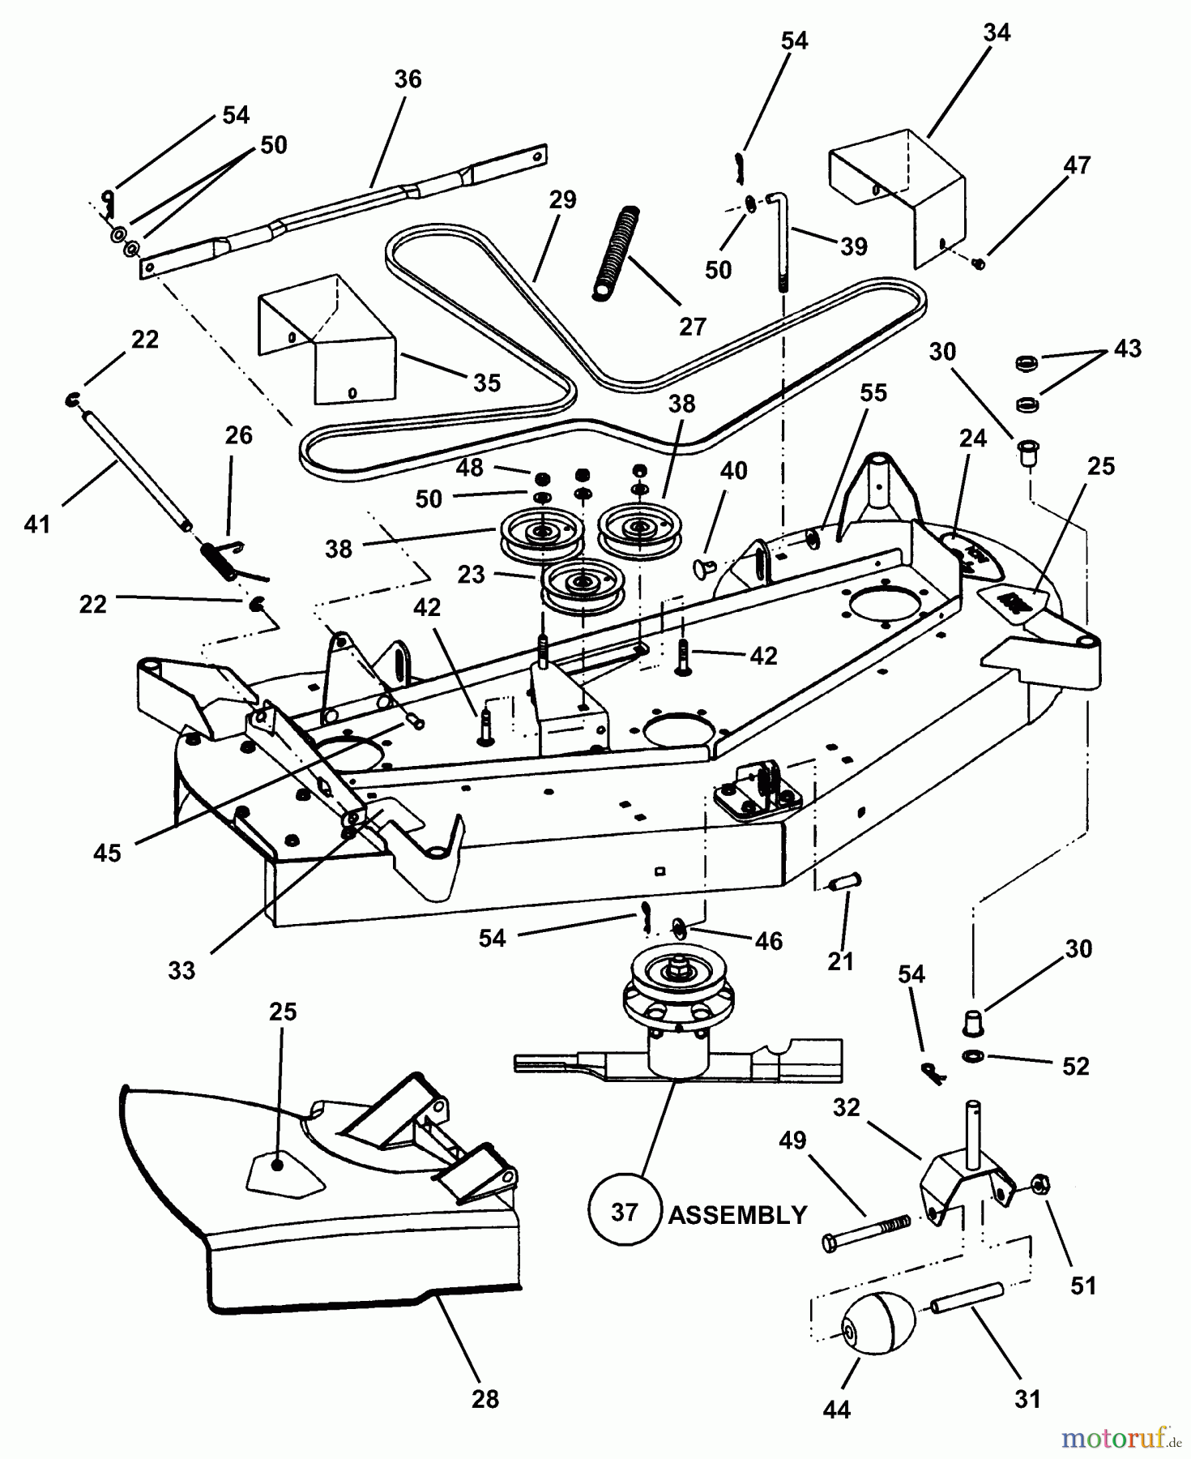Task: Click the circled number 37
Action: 624,1213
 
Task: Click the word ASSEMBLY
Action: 737,1215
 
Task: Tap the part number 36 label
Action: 408,79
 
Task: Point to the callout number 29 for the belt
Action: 562,199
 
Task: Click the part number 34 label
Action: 997,33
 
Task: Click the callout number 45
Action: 107,853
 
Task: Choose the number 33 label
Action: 181,970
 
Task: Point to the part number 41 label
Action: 37,525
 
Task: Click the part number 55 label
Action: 873,393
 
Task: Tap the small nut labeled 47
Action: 979,263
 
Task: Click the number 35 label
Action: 487,383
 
